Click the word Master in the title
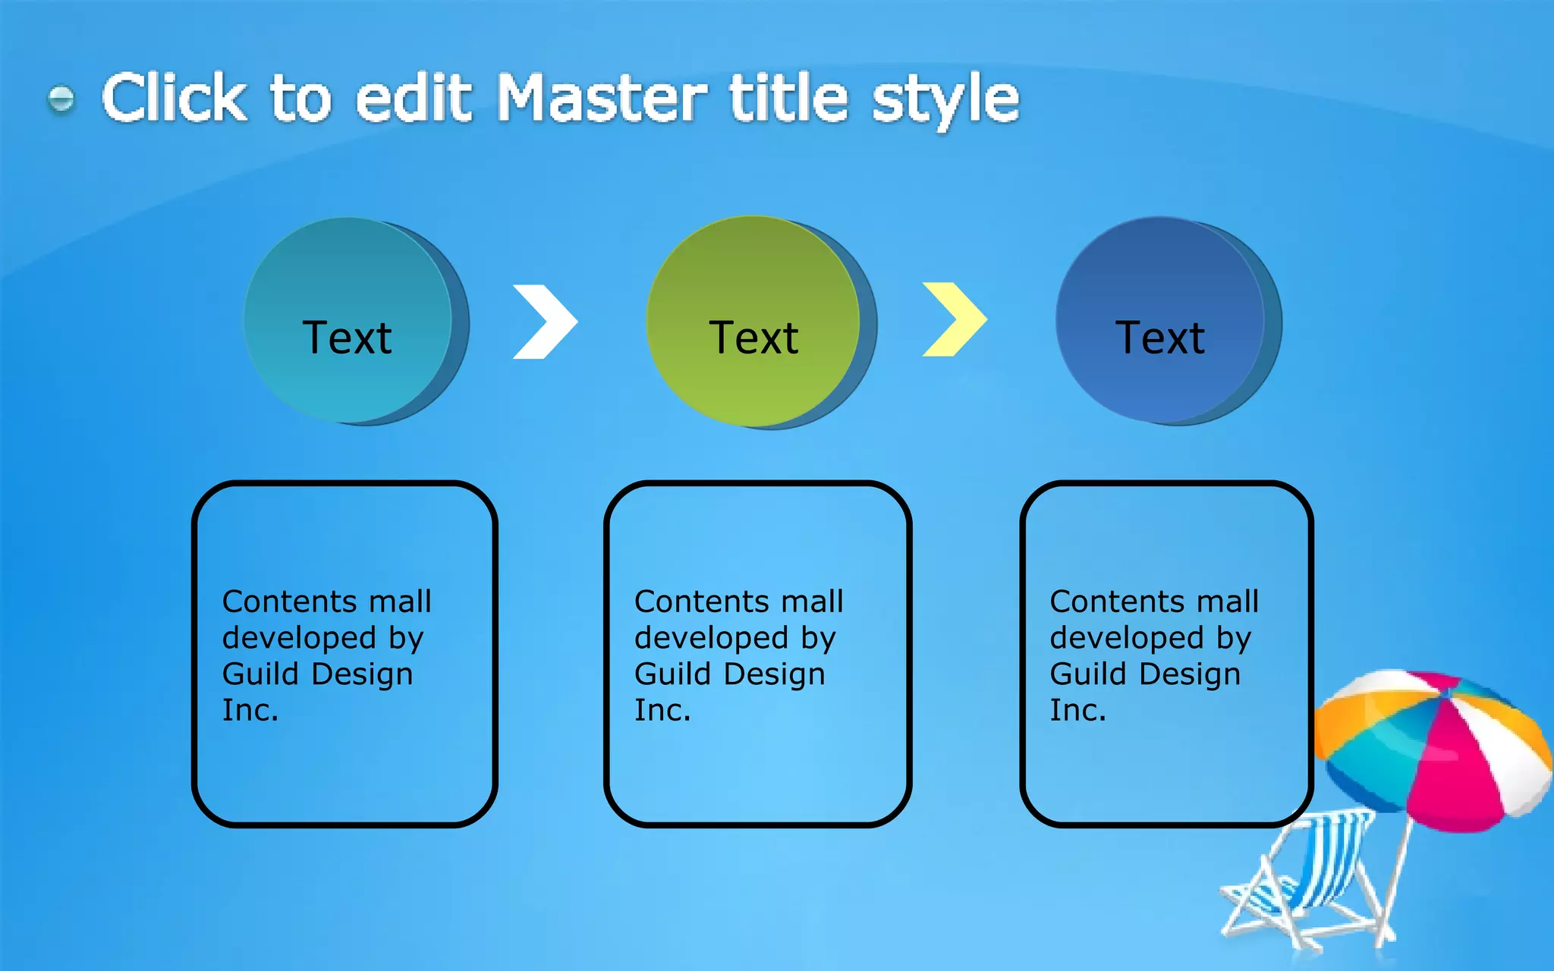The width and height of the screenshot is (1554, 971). [601, 99]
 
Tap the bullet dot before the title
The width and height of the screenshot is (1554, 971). [61, 99]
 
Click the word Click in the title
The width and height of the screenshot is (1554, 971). [175, 99]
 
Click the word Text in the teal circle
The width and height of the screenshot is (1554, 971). [348, 338]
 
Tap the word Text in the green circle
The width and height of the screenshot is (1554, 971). [753, 338]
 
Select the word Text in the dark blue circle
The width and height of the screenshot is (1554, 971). [1159, 338]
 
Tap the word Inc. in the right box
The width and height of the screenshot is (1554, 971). [1077, 710]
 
